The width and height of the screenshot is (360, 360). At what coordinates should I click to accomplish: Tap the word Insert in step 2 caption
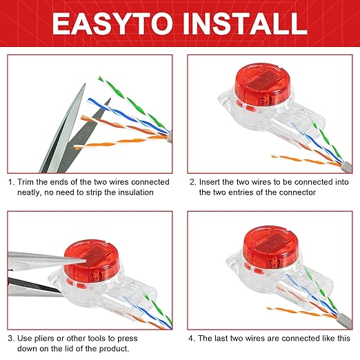(x=211, y=181)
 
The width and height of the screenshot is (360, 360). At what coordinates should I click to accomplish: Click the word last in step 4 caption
(x=226, y=339)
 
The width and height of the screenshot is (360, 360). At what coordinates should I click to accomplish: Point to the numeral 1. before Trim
(x=12, y=181)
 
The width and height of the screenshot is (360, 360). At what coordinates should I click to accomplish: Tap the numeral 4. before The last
(x=192, y=339)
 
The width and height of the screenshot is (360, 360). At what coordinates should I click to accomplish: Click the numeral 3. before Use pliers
(x=12, y=339)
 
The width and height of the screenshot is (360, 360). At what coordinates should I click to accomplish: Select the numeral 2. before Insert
(x=192, y=181)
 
